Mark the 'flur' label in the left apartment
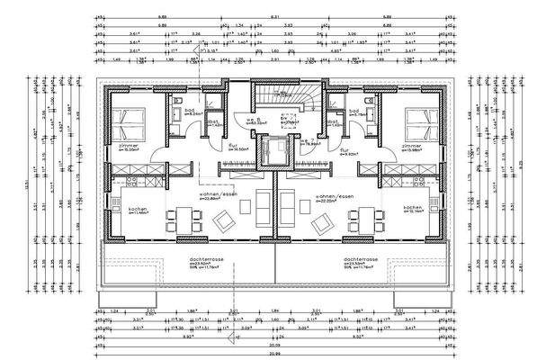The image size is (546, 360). pyautogui.click(x=231, y=145)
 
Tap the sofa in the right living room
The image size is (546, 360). pyautogui.click(x=287, y=208)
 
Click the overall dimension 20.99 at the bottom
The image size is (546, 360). pyautogui.click(x=272, y=350)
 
